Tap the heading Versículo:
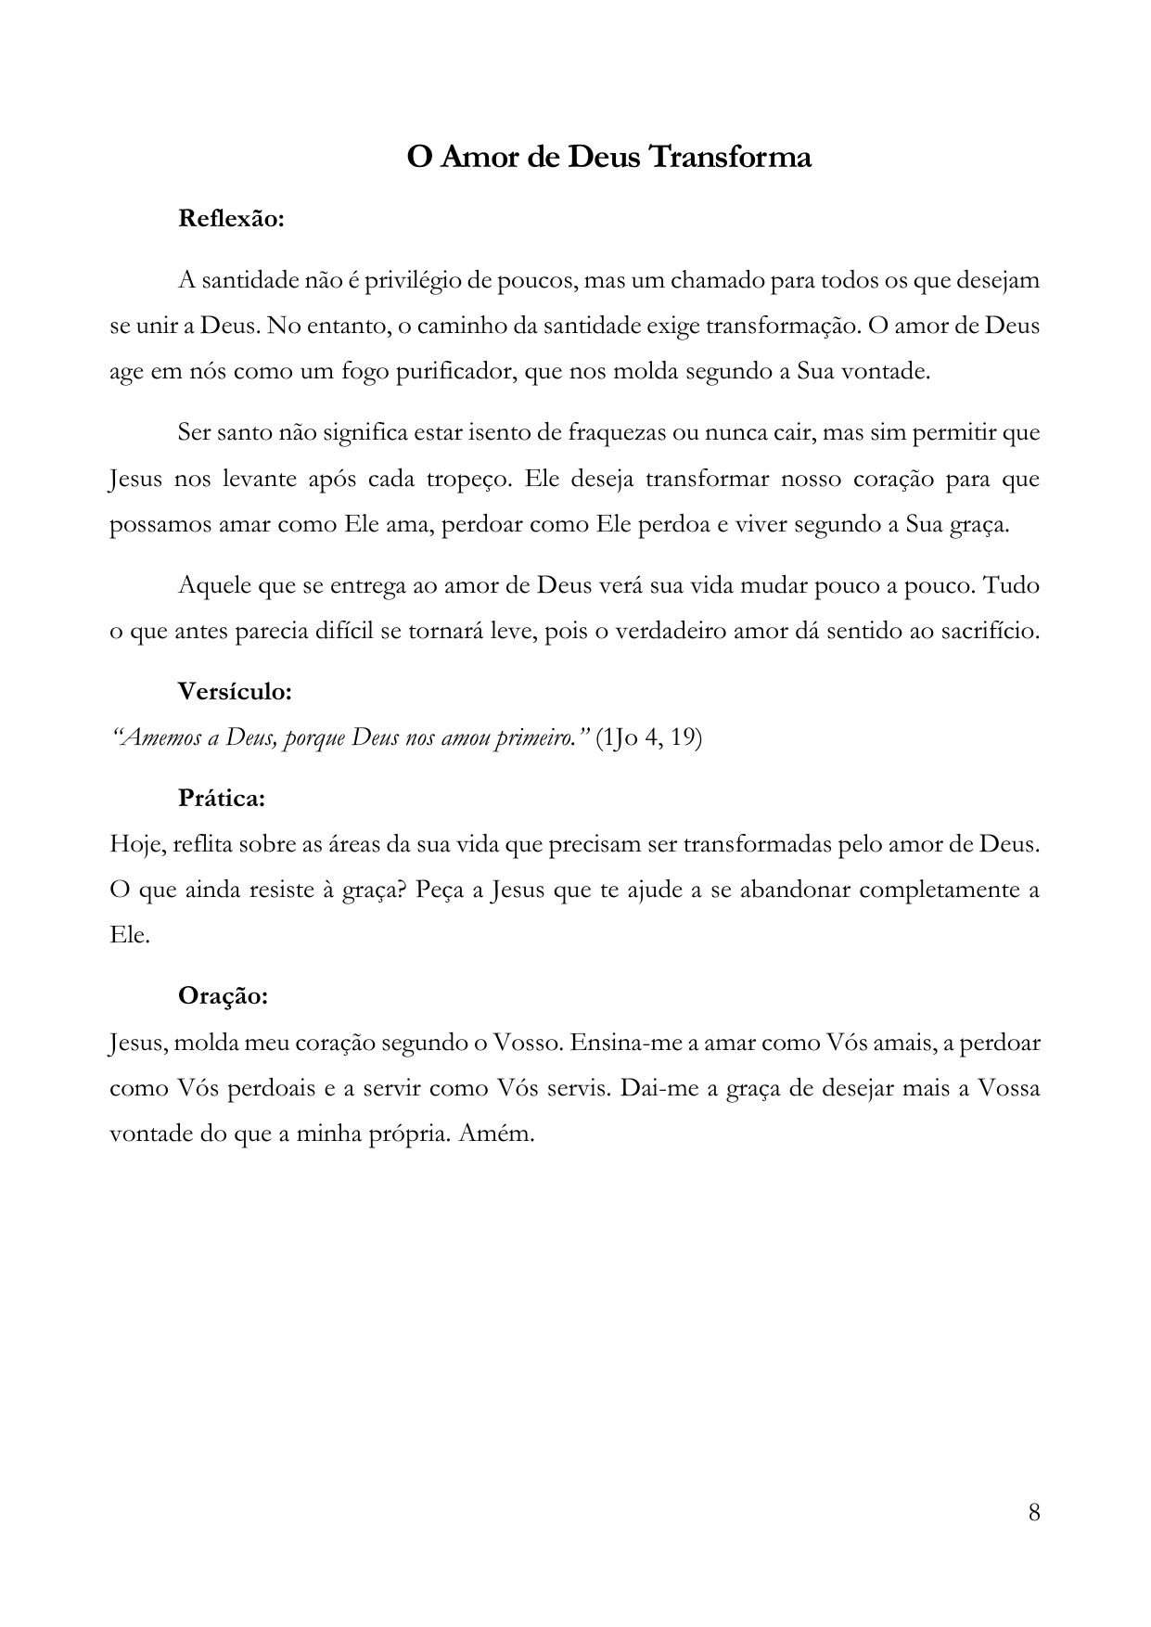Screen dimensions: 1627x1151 [235, 691]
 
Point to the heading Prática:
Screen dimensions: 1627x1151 [222, 798]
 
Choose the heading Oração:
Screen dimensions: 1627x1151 [223, 996]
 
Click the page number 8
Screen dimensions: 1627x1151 [1033, 1512]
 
